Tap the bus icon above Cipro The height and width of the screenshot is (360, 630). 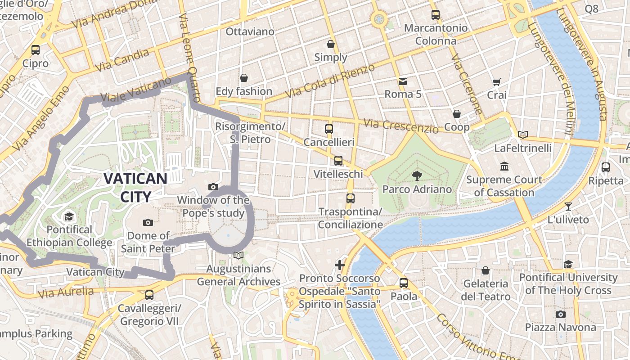pyautogui.click(x=36, y=50)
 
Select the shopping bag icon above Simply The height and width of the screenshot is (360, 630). pyautogui.click(x=331, y=44)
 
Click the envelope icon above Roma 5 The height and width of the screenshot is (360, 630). pyautogui.click(x=403, y=81)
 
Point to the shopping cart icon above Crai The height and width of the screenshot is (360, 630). pyautogui.click(x=497, y=82)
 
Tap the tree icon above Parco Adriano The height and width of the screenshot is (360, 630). pyautogui.click(x=417, y=176)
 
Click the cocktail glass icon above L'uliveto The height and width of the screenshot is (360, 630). pyautogui.click(x=568, y=207)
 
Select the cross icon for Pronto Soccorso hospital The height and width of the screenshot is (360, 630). pyautogui.click(x=340, y=265)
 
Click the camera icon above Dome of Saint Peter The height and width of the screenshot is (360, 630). pyautogui.click(x=148, y=222)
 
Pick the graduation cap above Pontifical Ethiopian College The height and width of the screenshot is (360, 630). pyautogui.click(x=69, y=216)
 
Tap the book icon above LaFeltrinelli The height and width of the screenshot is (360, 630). pyautogui.click(x=522, y=135)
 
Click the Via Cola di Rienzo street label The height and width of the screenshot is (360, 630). pyautogui.click(x=330, y=81)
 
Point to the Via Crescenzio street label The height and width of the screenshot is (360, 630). pyautogui.click(x=401, y=126)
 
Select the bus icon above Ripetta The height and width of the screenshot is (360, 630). pyautogui.click(x=606, y=167)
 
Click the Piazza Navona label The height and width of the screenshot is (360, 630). pyautogui.click(x=560, y=327)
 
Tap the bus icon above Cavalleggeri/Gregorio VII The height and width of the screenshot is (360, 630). pyautogui.click(x=149, y=295)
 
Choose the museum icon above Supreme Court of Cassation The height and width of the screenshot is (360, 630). pyautogui.click(x=504, y=166)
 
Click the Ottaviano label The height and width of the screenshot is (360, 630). pyautogui.click(x=250, y=31)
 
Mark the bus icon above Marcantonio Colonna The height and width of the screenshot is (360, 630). pyautogui.click(x=435, y=14)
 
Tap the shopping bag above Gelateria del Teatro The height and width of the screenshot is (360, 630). pyautogui.click(x=486, y=270)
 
